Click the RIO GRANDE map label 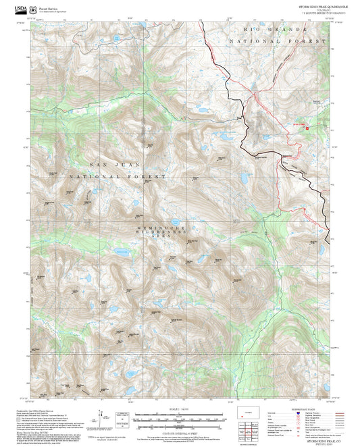pos(270,31)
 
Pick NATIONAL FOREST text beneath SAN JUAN pos(126,176)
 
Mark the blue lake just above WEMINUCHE pos(174,221)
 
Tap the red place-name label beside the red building pos(298,124)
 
